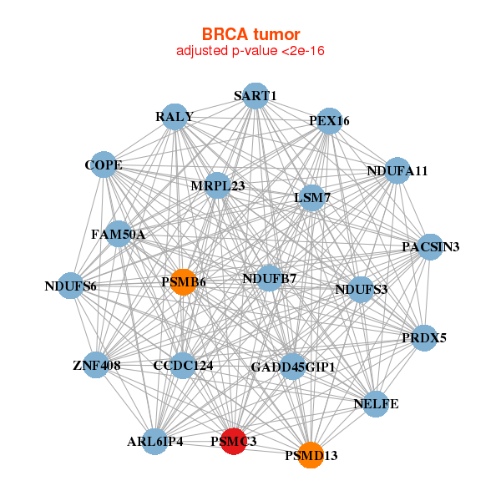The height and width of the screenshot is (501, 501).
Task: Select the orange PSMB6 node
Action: (x=183, y=282)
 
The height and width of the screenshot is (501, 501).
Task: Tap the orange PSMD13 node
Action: (x=311, y=455)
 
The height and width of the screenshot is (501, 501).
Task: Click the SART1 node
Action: (x=255, y=96)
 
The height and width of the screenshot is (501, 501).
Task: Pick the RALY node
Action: (x=175, y=117)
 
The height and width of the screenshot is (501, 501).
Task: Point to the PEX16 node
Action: (x=329, y=121)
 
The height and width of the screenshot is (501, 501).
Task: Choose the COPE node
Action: (x=104, y=165)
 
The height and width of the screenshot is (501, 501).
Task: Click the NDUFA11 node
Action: (x=397, y=171)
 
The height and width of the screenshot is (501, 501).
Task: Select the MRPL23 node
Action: (x=217, y=185)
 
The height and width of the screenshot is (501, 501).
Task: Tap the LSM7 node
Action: (x=312, y=199)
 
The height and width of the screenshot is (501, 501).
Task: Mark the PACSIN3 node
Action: (x=430, y=246)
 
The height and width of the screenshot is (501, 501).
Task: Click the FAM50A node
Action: (x=119, y=235)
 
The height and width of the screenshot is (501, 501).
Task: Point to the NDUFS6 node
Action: (x=71, y=287)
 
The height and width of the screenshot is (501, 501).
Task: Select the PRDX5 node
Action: (x=424, y=338)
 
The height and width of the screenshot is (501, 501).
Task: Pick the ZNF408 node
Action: (x=96, y=366)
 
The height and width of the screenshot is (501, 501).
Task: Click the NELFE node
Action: (x=376, y=404)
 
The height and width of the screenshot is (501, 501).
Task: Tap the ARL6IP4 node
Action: (x=155, y=441)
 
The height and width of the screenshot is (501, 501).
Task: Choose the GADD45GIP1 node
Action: (x=292, y=367)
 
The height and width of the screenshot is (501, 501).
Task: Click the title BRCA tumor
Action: (x=250, y=34)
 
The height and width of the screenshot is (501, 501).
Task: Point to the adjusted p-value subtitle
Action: (x=250, y=51)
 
